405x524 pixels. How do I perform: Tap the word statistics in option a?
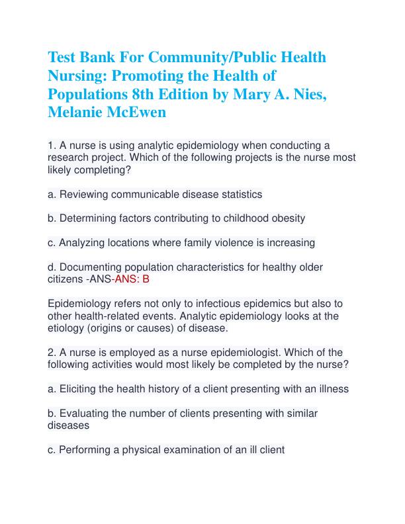(236, 195)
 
